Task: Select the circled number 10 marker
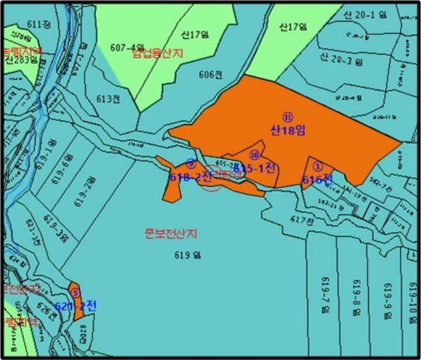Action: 254,155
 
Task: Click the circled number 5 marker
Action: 75,293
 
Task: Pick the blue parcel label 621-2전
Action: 75,306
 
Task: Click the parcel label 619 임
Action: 187,255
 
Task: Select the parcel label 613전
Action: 108,99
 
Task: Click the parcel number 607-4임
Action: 128,47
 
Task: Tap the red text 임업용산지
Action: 158,54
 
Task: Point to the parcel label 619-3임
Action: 56,232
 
